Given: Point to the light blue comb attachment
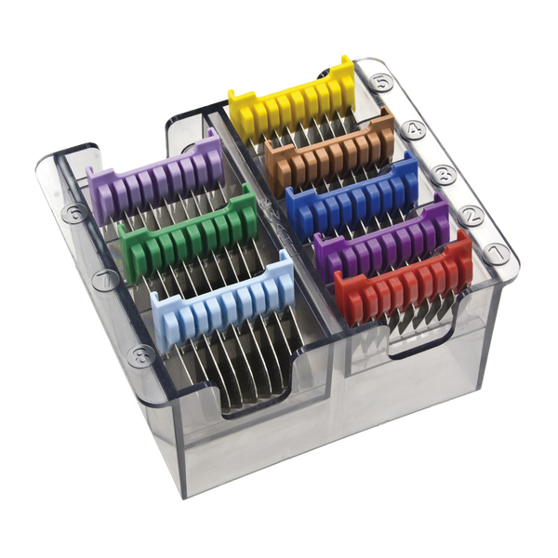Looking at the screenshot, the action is click(222, 302).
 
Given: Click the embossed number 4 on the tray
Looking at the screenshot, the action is click(413, 129).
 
